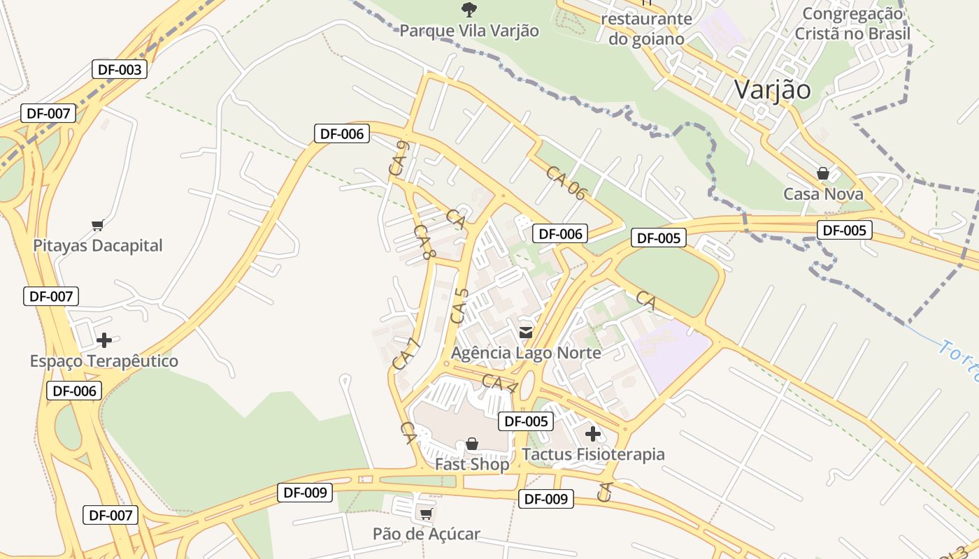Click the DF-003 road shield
120,69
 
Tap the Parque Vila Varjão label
469,31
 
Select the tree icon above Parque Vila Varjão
469,9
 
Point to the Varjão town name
772,89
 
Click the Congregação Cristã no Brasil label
852,24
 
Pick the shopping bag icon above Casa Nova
823,173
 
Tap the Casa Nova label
823,194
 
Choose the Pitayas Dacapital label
98,245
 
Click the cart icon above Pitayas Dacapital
98,225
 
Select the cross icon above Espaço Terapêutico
104,340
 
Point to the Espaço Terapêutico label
104,361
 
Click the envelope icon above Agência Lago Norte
526,332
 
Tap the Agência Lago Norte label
526,353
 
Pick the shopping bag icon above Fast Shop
472,444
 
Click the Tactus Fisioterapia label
593,454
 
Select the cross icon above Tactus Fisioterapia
593,434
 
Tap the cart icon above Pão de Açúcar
426,514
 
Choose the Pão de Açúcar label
426,535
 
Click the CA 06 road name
565,183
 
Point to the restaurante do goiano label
645,29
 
